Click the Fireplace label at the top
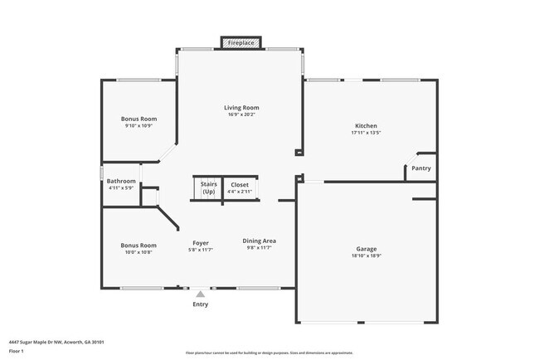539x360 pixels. pos(241,41)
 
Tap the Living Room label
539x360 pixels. pos(241,108)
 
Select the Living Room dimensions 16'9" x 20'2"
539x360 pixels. pos(241,115)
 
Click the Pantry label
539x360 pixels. pos(421,168)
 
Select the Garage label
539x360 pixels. pos(367,249)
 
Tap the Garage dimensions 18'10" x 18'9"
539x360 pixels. pos(367,256)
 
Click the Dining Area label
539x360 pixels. pos(259,241)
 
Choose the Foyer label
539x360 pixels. pos(201,243)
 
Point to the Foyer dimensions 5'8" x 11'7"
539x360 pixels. pos(201,250)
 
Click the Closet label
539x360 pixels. pos(240,184)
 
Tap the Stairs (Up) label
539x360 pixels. pos(208,188)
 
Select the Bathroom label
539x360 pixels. pos(121,181)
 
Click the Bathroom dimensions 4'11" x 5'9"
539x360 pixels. pos(121,188)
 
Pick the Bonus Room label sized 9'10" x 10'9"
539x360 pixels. pos(138,119)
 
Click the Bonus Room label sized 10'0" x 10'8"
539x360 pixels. pos(138,246)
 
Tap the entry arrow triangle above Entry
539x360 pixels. pos(200,293)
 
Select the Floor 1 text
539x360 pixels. pos(17,352)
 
